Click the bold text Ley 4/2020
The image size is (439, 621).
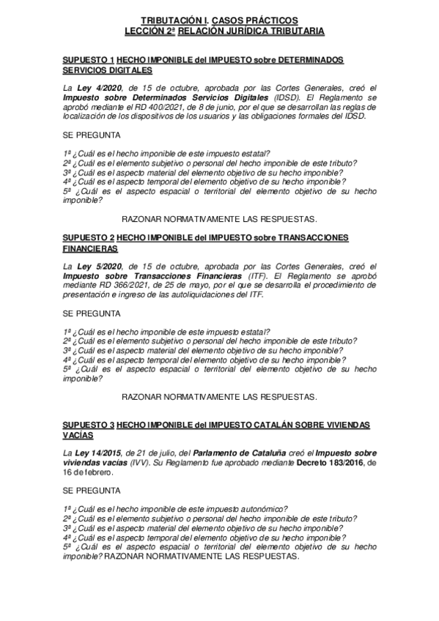pyautogui.click(x=93, y=87)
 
